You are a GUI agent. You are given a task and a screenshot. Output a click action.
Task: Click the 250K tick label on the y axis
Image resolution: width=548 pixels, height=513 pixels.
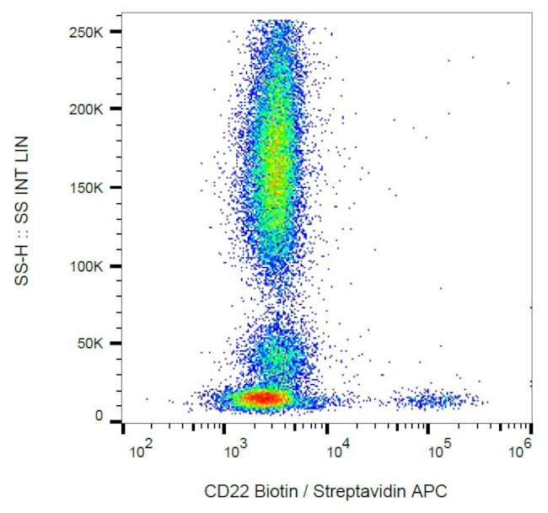coord(88,31)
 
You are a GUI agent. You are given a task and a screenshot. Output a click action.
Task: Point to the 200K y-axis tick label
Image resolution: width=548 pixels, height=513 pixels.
coord(88,110)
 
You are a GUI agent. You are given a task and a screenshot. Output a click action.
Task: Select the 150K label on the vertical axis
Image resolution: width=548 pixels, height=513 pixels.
coord(88,188)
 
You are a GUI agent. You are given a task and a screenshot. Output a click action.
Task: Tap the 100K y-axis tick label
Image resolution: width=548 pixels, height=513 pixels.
coord(88,266)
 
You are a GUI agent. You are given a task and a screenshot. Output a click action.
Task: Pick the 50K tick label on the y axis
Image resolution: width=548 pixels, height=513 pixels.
coord(91,344)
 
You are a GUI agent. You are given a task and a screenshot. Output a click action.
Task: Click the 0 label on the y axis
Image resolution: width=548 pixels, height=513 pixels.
coord(99,415)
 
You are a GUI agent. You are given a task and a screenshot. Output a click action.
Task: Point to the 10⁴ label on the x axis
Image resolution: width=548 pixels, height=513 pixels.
coord(337,453)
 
